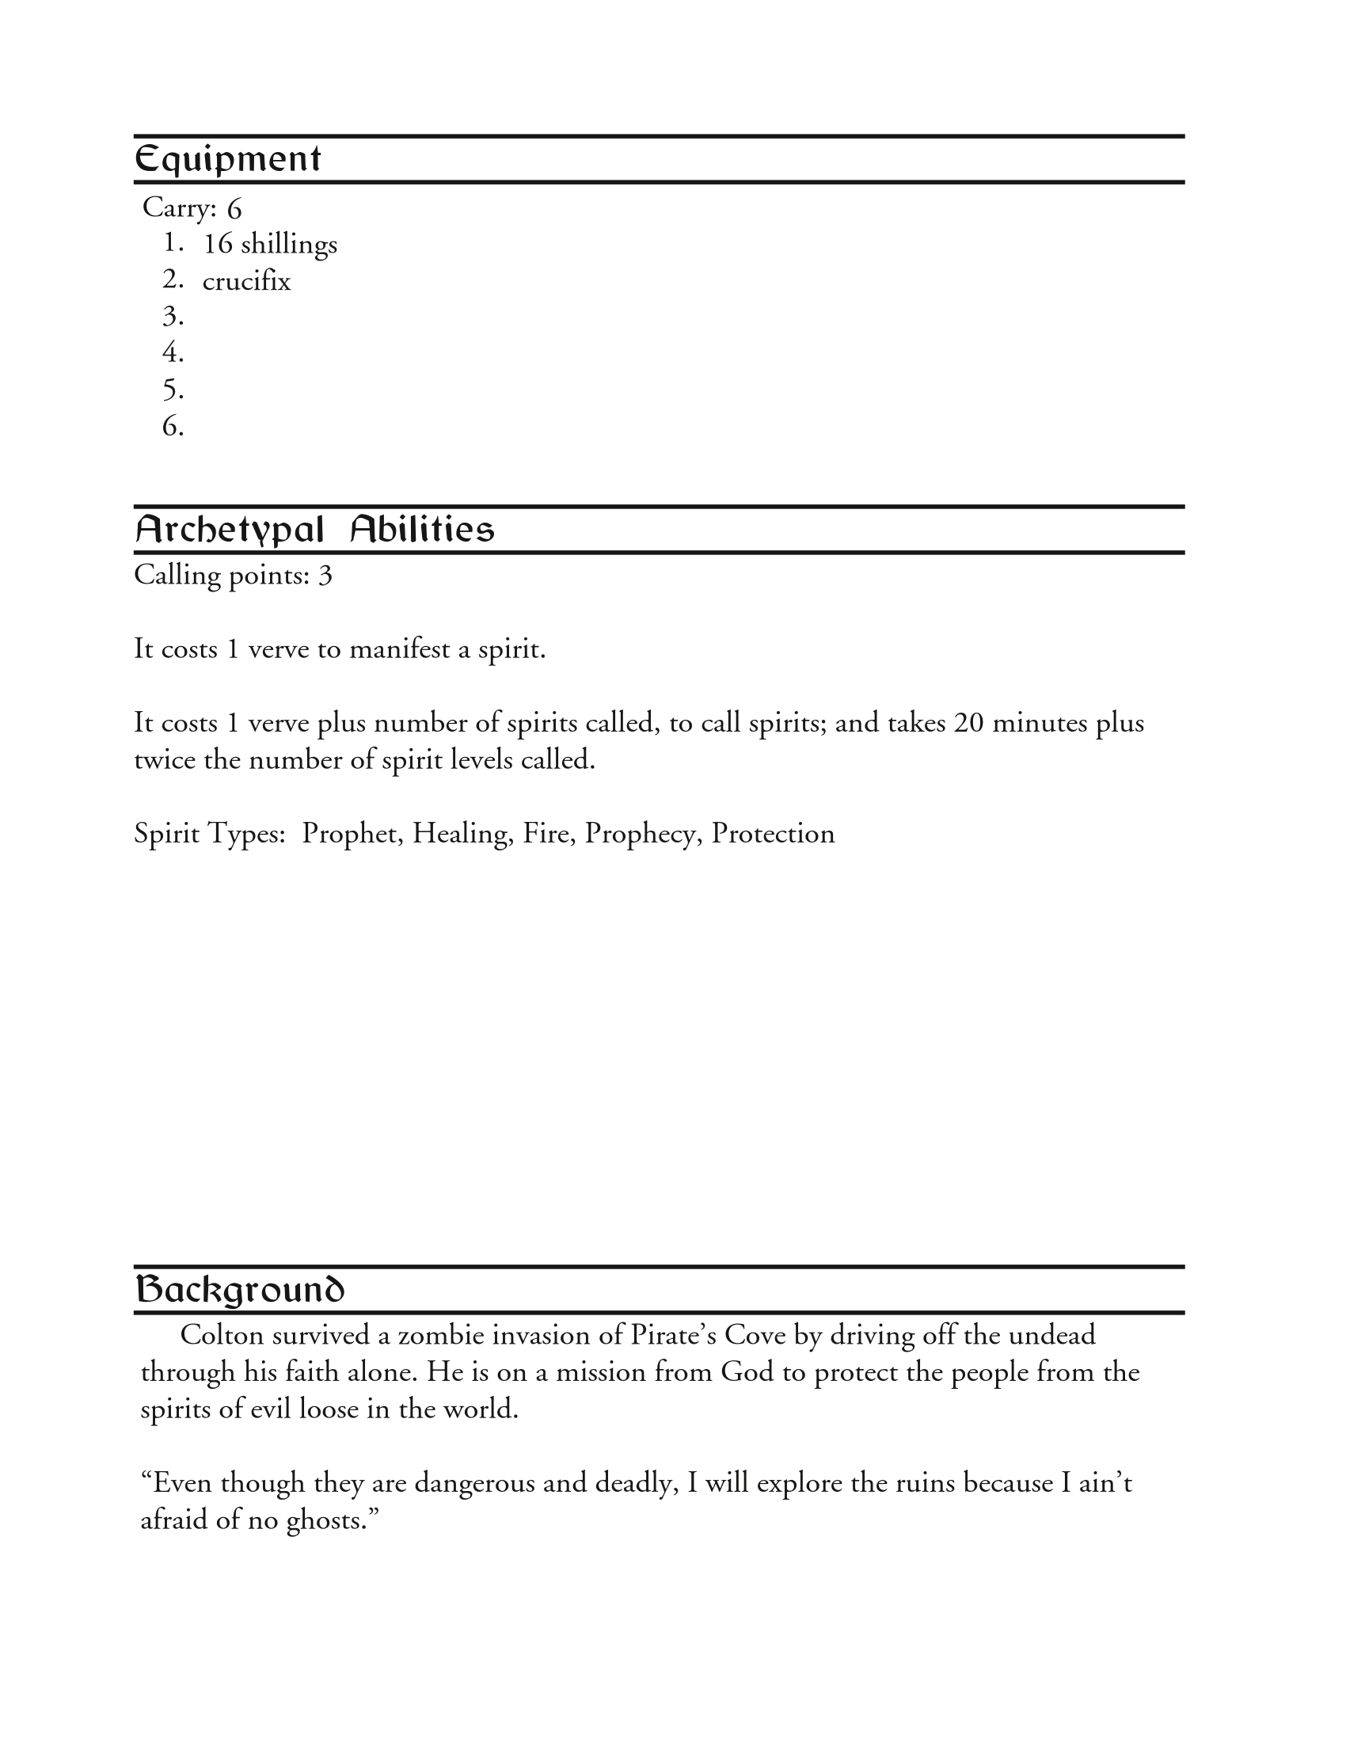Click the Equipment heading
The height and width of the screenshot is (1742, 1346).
click(x=227, y=159)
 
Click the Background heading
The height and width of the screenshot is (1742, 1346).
click(x=239, y=1290)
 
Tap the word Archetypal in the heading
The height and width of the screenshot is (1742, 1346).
click(x=230, y=530)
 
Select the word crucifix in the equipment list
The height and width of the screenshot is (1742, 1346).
click(x=246, y=282)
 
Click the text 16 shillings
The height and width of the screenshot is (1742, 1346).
click(x=270, y=244)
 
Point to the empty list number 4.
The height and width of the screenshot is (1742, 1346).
click(x=173, y=352)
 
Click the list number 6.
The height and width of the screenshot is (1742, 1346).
click(x=173, y=426)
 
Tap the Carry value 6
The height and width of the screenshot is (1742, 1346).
click(x=234, y=209)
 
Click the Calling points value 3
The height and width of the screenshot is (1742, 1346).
click(x=325, y=575)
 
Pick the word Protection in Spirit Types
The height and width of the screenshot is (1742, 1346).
click(x=773, y=834)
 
